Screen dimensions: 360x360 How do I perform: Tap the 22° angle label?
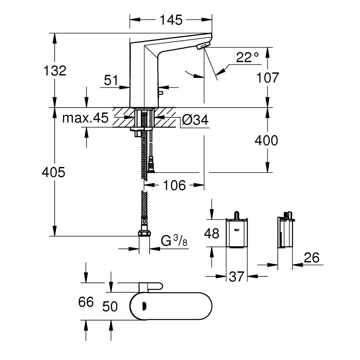click(248, 57)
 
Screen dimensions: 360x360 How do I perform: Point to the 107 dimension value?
click(267, 78)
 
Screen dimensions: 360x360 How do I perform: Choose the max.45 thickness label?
click(85, 118)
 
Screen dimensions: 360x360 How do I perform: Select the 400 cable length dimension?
click(266, 141)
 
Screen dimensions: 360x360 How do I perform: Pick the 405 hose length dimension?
click(53, 172)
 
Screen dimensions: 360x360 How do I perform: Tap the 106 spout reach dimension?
click(174, 185)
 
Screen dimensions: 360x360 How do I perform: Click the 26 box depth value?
click(311, 258)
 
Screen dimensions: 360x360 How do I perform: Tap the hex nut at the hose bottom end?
click(145, 233)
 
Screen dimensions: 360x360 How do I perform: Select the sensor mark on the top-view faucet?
click(145, 306)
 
